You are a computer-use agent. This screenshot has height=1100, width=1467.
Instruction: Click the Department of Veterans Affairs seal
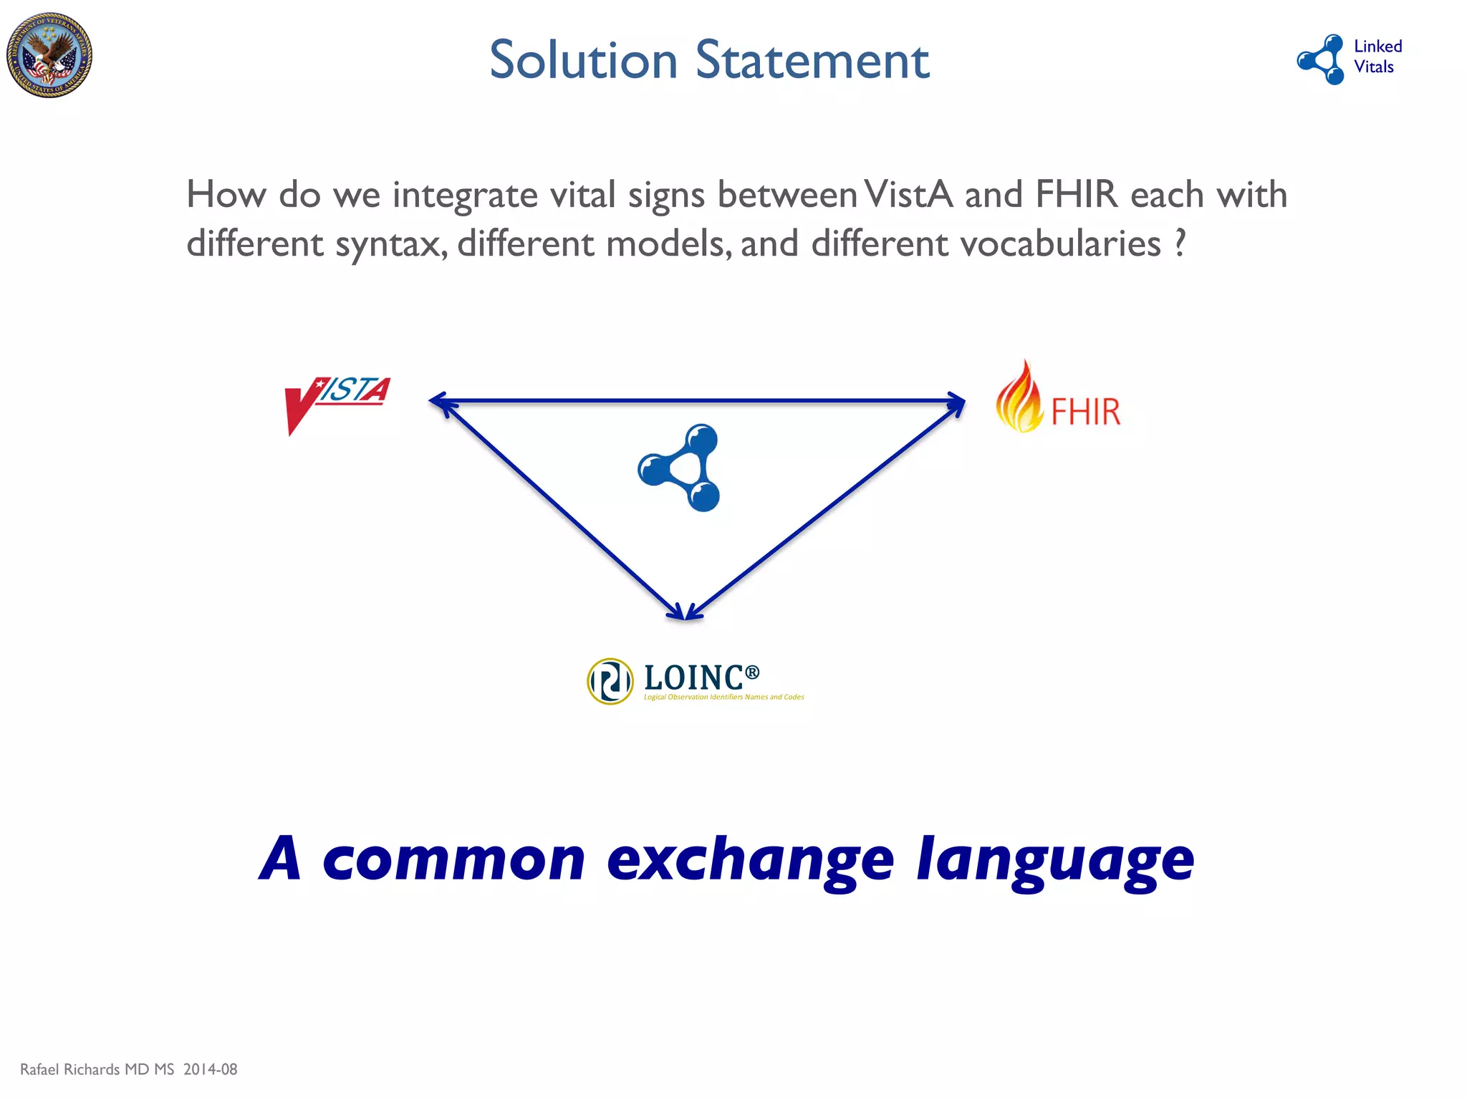[49, 55]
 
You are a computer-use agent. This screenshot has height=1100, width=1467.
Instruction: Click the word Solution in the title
[583, 60]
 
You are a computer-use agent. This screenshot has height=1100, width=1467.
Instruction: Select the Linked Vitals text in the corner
[1377, 57]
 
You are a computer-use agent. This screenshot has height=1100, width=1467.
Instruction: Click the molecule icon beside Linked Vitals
[1322, 59]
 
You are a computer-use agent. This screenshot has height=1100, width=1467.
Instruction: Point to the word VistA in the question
[908, 195]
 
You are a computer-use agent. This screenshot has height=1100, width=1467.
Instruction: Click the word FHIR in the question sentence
[1076, 195]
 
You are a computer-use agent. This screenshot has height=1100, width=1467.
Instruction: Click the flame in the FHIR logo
[1019, 398]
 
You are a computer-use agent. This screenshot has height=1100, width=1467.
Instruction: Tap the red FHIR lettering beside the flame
[1085, 412]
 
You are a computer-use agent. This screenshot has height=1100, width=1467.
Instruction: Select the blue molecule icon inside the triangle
[680, 468]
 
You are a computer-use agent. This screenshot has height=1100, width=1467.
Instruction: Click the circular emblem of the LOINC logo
[610, 681]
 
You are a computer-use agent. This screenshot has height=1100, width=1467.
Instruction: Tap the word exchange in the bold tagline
[750, 859]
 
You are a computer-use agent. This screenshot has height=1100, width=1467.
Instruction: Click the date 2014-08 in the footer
[210, 1069]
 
